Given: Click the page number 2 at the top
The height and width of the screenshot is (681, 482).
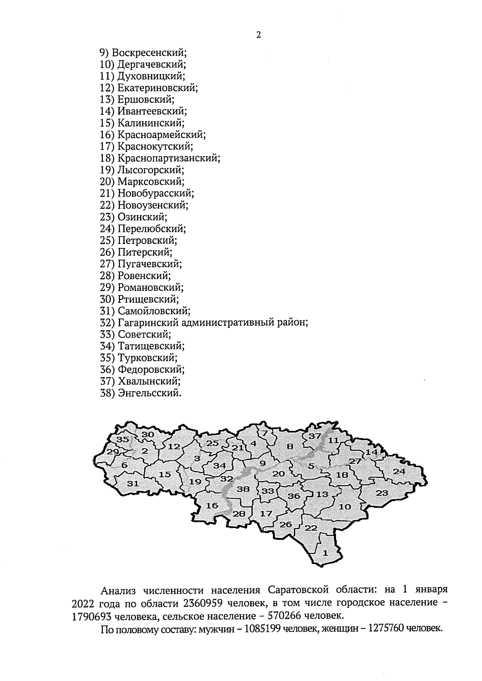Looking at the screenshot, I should tap(258, 35).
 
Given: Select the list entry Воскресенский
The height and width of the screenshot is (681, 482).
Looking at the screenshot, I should tap(149, 53).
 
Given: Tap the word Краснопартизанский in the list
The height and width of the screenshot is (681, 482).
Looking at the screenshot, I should tap(169, 158).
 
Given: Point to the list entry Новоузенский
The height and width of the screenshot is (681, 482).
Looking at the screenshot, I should tap(153, 205).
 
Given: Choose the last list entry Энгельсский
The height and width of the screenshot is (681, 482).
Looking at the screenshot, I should tap(149, 393).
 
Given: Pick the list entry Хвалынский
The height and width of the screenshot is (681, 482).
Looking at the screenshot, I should tap(149, 381).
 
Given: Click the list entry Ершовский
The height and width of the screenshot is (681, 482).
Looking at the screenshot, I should tap(146, 100).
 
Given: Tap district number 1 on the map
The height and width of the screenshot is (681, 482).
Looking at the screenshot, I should tap(325, 553).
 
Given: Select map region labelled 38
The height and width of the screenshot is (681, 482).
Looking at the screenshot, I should tap(243, 489).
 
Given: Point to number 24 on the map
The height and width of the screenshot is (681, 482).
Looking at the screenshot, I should tap(399, 472).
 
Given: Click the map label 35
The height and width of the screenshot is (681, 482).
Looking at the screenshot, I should tap(122, 440).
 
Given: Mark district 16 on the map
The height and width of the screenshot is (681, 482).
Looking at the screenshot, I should tap(212, 506).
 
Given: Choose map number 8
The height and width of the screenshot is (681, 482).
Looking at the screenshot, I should tap(290, 446).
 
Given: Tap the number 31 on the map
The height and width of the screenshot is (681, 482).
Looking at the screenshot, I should tap(133, 484).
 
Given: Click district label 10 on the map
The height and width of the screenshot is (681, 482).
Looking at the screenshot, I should tap(345, 507).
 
